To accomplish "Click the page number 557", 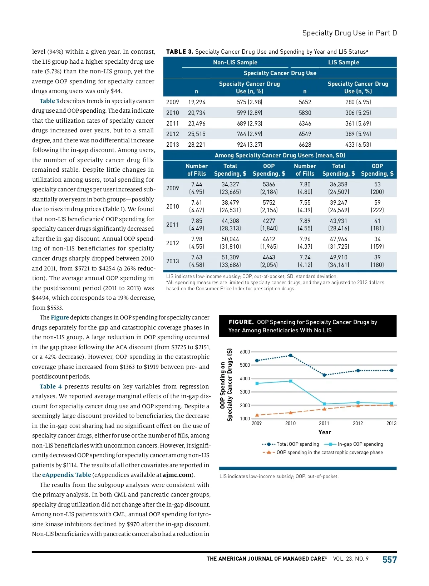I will (x=389, y=560).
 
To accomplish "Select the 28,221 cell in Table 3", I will (x=197, y=145).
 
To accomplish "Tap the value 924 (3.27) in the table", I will (x=249, y=145).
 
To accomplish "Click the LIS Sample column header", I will (x=344, y=62).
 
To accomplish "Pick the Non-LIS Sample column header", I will (x=235, y=62).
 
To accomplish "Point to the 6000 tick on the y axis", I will (x=245, y=352).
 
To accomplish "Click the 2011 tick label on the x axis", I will (x=324, y=423).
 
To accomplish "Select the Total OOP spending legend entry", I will (x=297, y=444).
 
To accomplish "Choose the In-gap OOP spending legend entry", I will (x=360, y=444).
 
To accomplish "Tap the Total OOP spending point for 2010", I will (x=291, y=355).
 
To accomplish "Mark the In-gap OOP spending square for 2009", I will (x=257, y=384).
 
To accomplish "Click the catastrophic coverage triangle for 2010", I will (x=291, y=412).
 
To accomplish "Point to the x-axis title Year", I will (x=325, y=432).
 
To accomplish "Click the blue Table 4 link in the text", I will (x=50, y=386).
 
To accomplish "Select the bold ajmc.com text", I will (x=177, y=475).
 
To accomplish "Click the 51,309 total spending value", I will (x=230, y=257).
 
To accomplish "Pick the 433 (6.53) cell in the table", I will (x=358, y=145).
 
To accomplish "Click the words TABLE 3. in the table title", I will (x=179, y=52).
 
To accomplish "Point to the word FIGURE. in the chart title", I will (x=241, y=322).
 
